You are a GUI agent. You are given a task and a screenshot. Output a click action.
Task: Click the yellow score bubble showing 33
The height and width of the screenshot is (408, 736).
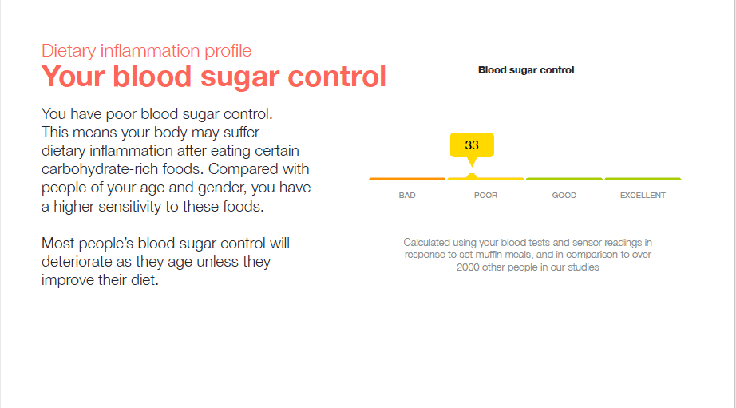point(472,145)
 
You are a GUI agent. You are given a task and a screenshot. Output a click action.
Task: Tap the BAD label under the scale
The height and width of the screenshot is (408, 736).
point(407,196)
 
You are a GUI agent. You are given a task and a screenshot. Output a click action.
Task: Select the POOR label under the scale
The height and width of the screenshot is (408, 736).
point(485,196)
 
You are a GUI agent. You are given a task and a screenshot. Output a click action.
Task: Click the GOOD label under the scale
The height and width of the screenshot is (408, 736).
point(564,196)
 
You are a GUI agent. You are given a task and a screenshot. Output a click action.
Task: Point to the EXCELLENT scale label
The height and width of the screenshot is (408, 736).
point(643,196)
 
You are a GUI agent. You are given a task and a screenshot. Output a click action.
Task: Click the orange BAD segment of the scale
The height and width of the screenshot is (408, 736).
point(407,179)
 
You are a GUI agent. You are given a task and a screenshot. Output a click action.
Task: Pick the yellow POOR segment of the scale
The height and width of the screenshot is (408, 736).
point(485,179)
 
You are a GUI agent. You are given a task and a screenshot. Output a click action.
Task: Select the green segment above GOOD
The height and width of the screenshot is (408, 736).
point(564,179)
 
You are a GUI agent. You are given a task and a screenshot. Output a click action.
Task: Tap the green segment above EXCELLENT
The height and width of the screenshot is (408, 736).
point(643,179)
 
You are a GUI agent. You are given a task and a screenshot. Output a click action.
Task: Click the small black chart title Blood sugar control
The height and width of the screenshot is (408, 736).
point(526,70)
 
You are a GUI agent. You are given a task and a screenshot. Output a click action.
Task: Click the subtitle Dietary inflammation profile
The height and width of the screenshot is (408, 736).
point(146,51)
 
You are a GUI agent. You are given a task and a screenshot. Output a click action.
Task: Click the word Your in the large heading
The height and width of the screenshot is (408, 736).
point(73,77)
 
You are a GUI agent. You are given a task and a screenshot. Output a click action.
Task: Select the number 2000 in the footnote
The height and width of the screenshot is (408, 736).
point(468,267)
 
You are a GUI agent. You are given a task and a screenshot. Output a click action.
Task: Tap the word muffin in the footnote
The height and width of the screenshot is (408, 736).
point(489,255)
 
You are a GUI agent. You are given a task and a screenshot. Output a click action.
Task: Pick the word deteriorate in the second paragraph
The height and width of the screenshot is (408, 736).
point(77,262)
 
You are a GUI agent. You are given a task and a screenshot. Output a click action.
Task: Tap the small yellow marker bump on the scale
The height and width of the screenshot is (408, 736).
point(472,176)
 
